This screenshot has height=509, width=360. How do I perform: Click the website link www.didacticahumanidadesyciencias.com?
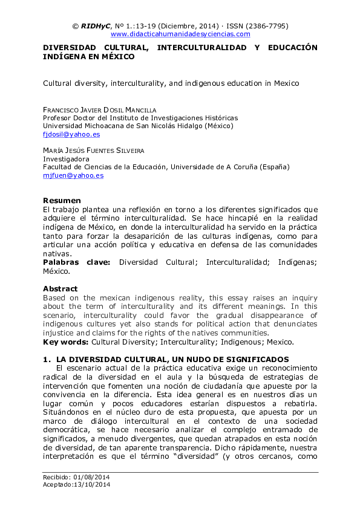tap(180, 34)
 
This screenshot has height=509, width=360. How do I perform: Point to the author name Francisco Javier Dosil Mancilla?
tap(99, 109)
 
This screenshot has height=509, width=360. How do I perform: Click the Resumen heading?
tap(62, 200)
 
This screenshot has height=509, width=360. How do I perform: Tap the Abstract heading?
tap(60, 289)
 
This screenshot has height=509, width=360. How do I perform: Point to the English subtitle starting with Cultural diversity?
tap(171, 83)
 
